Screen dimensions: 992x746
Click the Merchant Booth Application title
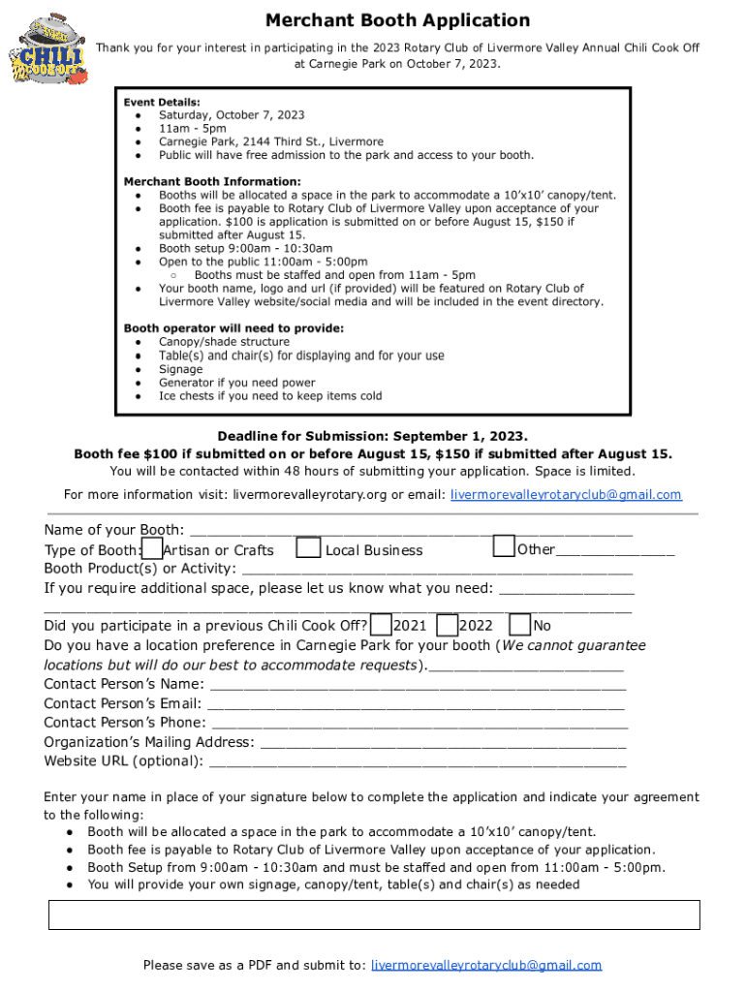pos(397,20)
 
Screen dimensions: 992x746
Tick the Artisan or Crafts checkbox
pos(152,548)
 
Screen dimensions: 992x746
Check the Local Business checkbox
pos(308,548)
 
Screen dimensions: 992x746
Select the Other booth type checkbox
pos(504,546)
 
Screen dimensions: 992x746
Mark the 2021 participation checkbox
pos(382,625)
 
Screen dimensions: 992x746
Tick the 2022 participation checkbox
pos(447,625)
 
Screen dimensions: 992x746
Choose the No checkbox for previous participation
pos(519,625)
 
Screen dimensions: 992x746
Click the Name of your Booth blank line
pos(411,532)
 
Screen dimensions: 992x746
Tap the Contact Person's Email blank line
pos(417,705)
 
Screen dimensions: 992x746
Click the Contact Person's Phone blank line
pos(419,725)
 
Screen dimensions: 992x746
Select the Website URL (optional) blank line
pos(417,762)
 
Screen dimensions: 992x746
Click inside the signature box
pos(374,914)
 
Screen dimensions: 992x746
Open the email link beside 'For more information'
pos(566,495)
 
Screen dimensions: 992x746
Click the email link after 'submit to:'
pos(486,965)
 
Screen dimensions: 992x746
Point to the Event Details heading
pos(162,102)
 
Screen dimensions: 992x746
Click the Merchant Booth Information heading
pos(212,181)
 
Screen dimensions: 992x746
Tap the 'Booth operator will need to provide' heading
pos(233,328)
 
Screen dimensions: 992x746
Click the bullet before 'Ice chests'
pos(140,396)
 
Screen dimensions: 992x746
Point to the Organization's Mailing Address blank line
pos(443,744)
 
